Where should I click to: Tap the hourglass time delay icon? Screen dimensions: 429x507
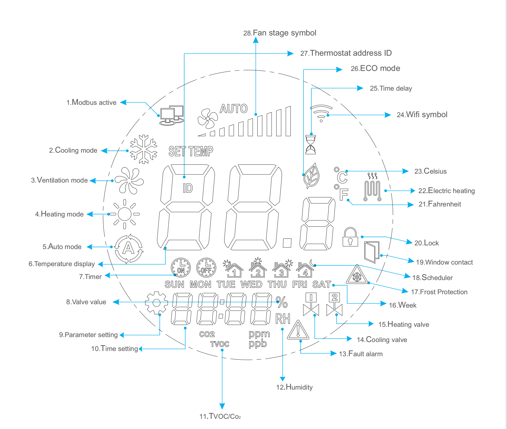[x=310, y=145]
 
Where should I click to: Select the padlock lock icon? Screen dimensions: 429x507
[x=350, y=237]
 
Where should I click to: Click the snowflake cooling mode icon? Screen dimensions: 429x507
[x=144, y=149]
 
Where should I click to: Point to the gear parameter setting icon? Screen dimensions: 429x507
[x=156, y=303]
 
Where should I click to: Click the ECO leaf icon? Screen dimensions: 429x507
[x=311, y=176]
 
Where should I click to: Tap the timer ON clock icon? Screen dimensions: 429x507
[x=181, y=268]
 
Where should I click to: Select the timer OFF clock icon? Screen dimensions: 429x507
[x=206, y=268]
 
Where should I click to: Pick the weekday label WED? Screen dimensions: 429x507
[x=251, y=285]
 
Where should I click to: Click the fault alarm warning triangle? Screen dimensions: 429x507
[x=298, y=330]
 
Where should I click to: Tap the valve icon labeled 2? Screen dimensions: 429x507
[x=334, y=305]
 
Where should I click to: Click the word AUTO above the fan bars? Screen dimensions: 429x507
[x=233, y=109]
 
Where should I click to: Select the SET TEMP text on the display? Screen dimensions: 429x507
[x=191, y=152]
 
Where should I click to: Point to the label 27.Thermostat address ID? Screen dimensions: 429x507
[x=346, y=53]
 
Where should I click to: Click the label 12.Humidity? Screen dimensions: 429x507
[x=294, y=387]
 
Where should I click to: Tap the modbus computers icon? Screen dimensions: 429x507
[x=172, y=115]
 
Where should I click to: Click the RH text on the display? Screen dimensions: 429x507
[x=283, y=319]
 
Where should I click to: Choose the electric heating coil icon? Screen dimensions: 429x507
[x=372, y=187]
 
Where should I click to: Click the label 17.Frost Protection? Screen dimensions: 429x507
[x=439, y=292]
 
